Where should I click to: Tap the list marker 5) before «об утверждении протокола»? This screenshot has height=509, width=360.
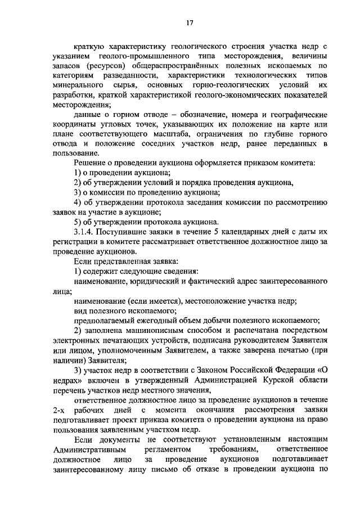click(x=79, y=222)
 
